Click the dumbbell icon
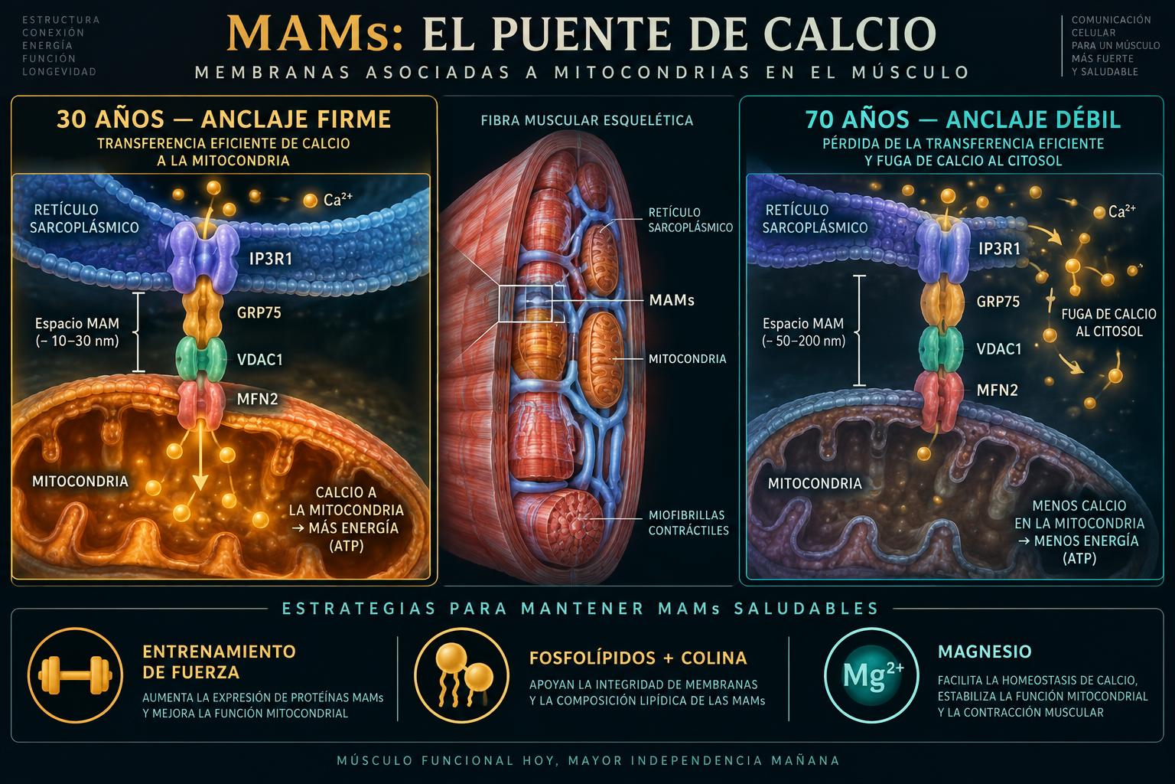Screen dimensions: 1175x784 pos(75,675)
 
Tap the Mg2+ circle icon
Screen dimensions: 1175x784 pos(871,675)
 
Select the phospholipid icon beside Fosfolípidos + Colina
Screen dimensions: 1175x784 pos(461,675)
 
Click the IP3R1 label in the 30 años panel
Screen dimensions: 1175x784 pos(270,259)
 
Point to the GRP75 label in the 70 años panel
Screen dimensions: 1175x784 pos(998,302)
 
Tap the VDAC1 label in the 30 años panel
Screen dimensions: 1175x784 pos(259,360)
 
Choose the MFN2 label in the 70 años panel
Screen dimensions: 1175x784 pos(997,390)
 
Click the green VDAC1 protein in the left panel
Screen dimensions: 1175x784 pos(200,358)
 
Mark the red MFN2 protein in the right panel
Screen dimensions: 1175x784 pos(939,400)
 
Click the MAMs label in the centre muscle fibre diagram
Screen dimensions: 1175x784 pos(672,300)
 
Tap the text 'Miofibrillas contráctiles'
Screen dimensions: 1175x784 pos(688,522)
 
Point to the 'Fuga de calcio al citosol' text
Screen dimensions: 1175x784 pos(1108,322)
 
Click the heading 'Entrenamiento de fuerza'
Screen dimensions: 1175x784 pos(219,661)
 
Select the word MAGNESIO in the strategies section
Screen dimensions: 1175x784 pos(985,652)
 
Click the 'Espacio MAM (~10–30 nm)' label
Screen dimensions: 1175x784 pos(77,332)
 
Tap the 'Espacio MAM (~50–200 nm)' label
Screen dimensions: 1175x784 pos(803,332)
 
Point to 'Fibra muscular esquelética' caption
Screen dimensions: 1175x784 pos(587,120)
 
